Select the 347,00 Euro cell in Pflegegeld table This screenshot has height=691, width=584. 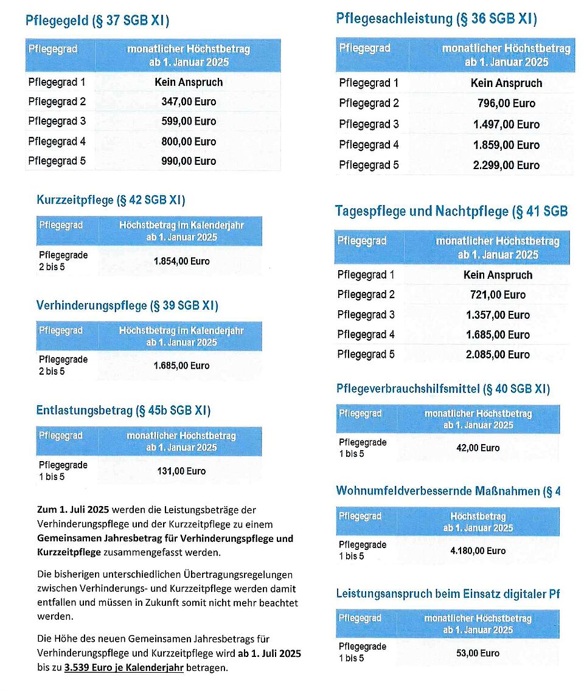[189, 102]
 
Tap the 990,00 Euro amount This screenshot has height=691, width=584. [189, 161]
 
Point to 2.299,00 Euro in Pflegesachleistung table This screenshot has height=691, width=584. [506, 165]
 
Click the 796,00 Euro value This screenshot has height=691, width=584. [506, 103]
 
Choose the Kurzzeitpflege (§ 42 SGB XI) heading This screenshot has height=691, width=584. [111, 200]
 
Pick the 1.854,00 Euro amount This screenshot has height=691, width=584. [181, 262]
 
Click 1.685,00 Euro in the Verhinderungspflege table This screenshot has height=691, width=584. [181, 366]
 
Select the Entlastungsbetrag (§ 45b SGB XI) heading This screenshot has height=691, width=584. [123, 411]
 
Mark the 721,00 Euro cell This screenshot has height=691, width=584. [498, 295]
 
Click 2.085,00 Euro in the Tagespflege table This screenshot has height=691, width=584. [498, 355]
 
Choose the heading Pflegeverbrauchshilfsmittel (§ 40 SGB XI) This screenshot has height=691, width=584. [443, 389]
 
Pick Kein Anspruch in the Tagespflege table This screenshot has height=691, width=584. [498, 275]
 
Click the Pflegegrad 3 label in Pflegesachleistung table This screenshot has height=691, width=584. [369, 125]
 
